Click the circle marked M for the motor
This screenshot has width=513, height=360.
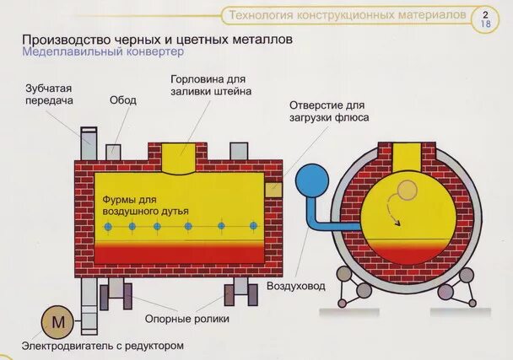click(x=58, y=322)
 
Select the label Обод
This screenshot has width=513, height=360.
click(x=123, y=99)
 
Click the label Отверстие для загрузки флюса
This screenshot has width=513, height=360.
click(x=329, y=113)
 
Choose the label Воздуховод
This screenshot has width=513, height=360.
click(x=295, y=287)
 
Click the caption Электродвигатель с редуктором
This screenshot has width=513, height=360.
click(x=103, y=346)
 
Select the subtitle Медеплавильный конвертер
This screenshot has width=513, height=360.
click(x=102, y=51)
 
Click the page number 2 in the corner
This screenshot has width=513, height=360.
click(x=485, y=14)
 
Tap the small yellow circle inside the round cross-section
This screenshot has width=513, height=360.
click(x=407, y=191)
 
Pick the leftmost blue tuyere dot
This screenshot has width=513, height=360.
click(x=108, y=227)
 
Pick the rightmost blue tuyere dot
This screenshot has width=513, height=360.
click(x=254, y=226)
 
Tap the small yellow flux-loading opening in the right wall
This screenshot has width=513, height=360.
click(x=273, y=190)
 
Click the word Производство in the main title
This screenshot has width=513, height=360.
click(x=65, y=38)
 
